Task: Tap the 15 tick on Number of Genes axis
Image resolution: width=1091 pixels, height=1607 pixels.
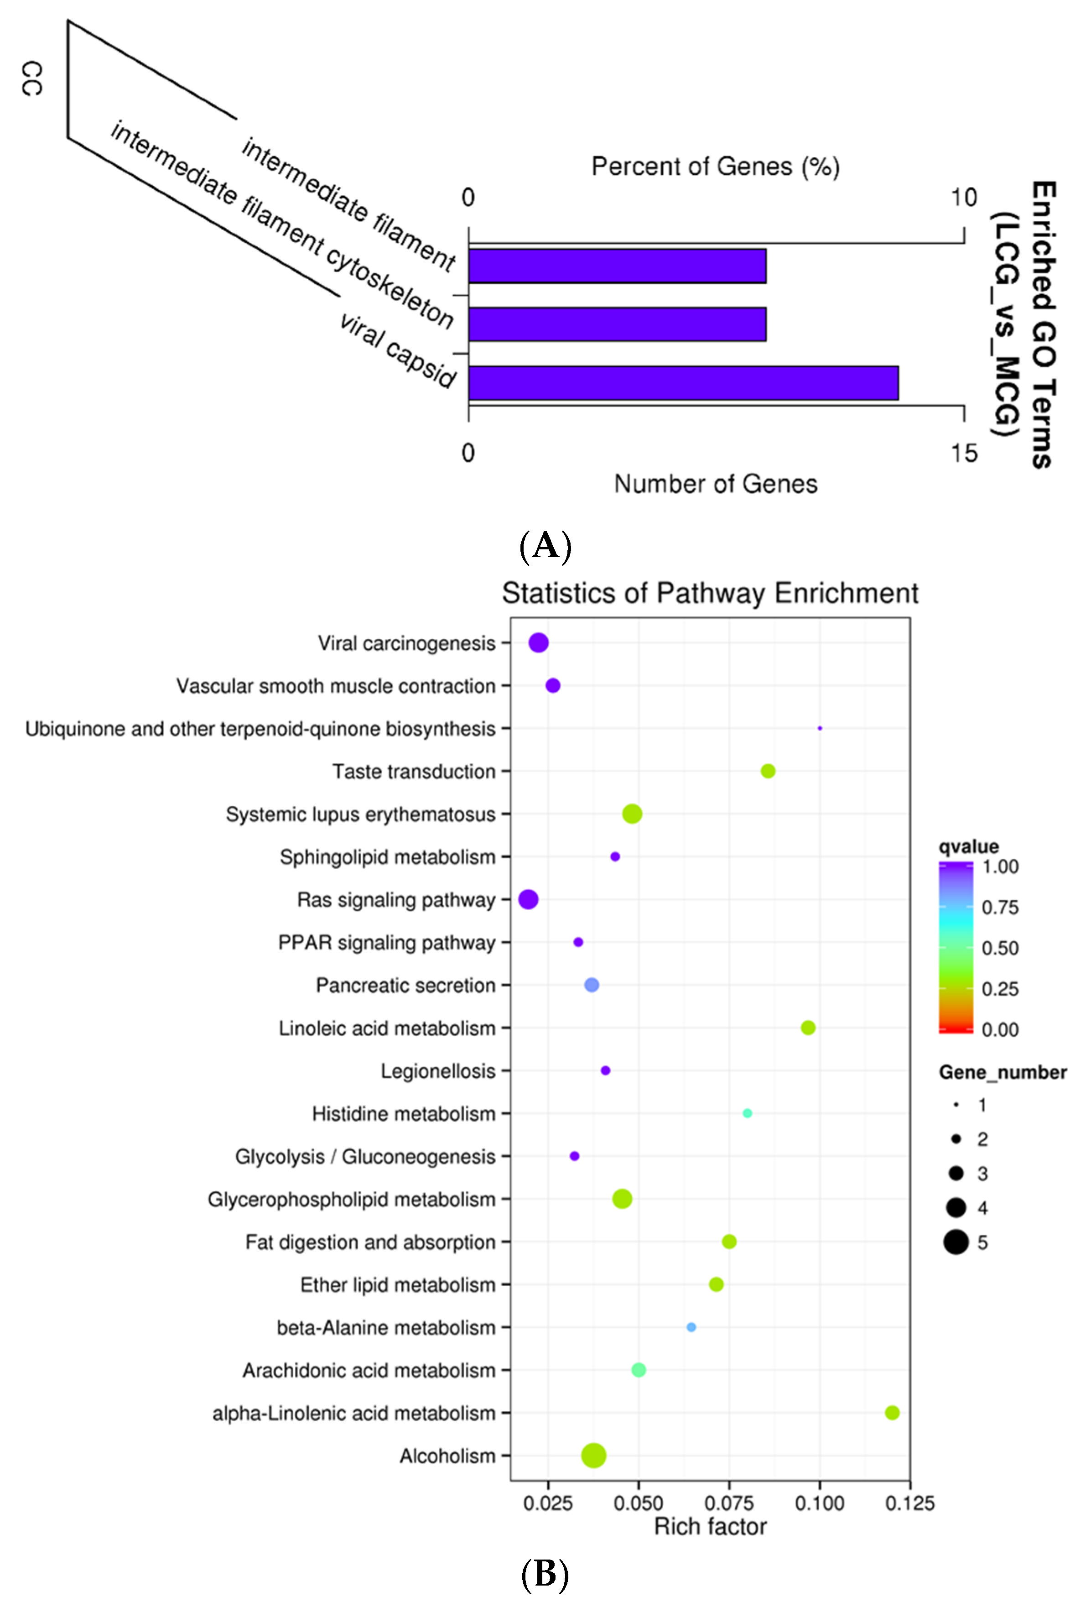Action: (963, 453)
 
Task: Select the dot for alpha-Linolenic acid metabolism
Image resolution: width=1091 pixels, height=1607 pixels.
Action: (891, 1412)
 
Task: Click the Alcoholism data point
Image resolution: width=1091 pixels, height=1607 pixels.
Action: (593, 1455)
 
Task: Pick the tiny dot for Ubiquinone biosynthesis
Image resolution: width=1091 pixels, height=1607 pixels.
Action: (819, 728)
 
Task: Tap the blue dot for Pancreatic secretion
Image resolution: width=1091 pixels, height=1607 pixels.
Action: (591, 985)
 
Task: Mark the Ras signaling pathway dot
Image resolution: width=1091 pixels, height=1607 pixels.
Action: (528, 899)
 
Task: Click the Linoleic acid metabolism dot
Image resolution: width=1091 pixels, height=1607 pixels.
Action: (808, 1028)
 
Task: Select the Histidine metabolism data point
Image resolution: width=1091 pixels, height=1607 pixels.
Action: (747, 1113)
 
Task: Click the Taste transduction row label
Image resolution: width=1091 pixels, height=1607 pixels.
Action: (413, 771)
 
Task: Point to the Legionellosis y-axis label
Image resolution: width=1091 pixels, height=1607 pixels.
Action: (438, 1071)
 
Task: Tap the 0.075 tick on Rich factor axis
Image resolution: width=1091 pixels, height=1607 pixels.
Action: (729, 1502)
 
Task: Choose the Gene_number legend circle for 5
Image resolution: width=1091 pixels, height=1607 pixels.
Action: (956, 1242)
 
